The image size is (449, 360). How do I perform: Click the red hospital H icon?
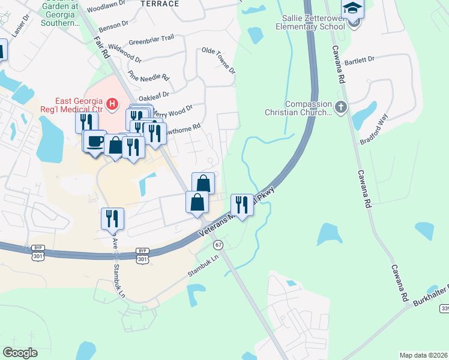[x=112, y=105]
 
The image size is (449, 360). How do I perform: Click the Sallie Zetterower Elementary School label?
[x=310, y=23]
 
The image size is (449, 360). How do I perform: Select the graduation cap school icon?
[x=353, y=9]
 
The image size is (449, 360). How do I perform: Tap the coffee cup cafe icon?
[x=95, y=142]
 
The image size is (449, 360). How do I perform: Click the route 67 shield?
[x=218, y=245]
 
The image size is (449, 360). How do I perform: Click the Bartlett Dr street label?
[x=360, y=60]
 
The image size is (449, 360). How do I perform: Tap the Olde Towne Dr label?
[x=219, y=61]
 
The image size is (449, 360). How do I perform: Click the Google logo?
[x=20, y=353]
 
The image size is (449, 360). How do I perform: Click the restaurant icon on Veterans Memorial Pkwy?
[x=242, y=205]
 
